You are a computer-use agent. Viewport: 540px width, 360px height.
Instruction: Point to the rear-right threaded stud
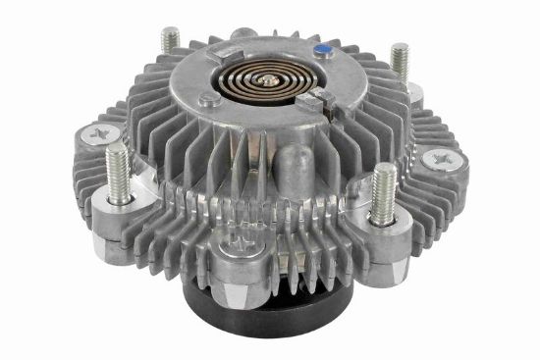pyautogui.click(x=400, y=60)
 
